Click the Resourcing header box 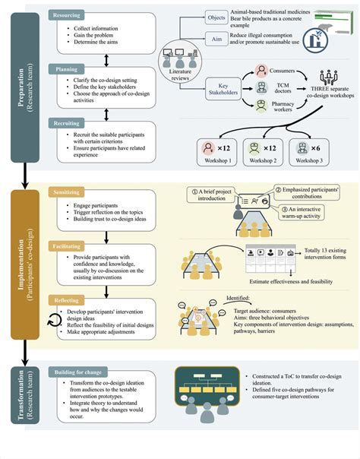(73, 14)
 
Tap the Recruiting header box (73, 122)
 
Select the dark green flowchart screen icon (206, 385)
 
